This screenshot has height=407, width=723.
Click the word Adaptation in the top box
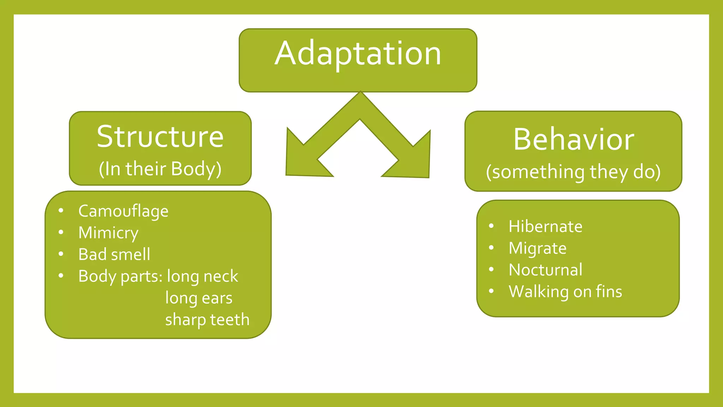tap(358, 54)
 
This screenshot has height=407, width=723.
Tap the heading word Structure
tap(160, 137)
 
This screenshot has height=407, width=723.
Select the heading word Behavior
tap(574, 140)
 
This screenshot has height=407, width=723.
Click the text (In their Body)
tap(160, 169)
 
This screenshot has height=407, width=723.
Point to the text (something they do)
tap(573, 172)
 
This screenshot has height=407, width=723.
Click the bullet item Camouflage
tap(123, 211)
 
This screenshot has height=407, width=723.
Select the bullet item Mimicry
tap(108, 233)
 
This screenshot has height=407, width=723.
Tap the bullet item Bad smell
tap(114, 255)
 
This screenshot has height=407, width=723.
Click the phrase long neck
tap(202, 276)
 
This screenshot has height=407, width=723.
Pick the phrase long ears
tap(199, 298)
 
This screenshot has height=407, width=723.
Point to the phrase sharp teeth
tap(207, 320)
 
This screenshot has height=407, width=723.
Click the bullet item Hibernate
tap(545, 226)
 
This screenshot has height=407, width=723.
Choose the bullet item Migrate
tap(538, 248)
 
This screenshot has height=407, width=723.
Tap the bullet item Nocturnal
tap(545, 270)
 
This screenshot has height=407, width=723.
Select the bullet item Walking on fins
tap(565, 292)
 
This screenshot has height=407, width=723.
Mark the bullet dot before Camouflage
tap(61, 211)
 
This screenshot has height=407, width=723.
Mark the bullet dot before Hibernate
tap(491, 226)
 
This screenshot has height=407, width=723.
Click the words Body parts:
tap(120, 276)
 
